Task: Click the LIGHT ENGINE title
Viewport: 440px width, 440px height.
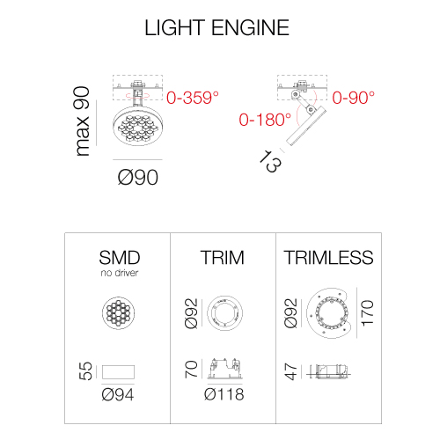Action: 216,27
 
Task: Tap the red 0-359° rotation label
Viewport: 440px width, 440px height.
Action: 193,98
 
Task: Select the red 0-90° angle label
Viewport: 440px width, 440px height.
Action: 354,98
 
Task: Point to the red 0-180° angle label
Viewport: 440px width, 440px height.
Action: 265,120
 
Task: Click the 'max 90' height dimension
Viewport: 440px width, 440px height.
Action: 82,121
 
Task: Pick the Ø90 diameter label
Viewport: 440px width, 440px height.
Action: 138,177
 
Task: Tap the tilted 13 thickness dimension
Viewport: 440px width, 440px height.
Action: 270,161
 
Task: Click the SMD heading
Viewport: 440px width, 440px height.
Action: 120,258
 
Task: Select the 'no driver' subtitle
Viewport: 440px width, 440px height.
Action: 119,273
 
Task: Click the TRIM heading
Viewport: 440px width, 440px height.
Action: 222,258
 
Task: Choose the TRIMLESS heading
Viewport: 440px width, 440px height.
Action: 328,258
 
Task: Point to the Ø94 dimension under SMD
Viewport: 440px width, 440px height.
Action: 118,394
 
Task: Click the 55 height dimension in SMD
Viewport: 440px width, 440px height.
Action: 85,371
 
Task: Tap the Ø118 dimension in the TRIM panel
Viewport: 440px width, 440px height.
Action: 224,394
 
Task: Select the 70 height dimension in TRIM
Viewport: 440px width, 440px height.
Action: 191,369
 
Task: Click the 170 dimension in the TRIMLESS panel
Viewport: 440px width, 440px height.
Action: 368,313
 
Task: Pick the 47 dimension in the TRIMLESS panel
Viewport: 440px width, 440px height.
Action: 291,371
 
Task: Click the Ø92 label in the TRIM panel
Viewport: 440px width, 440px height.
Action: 191,313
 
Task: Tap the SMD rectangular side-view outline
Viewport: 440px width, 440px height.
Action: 118,372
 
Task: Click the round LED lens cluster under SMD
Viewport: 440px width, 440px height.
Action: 118,312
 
